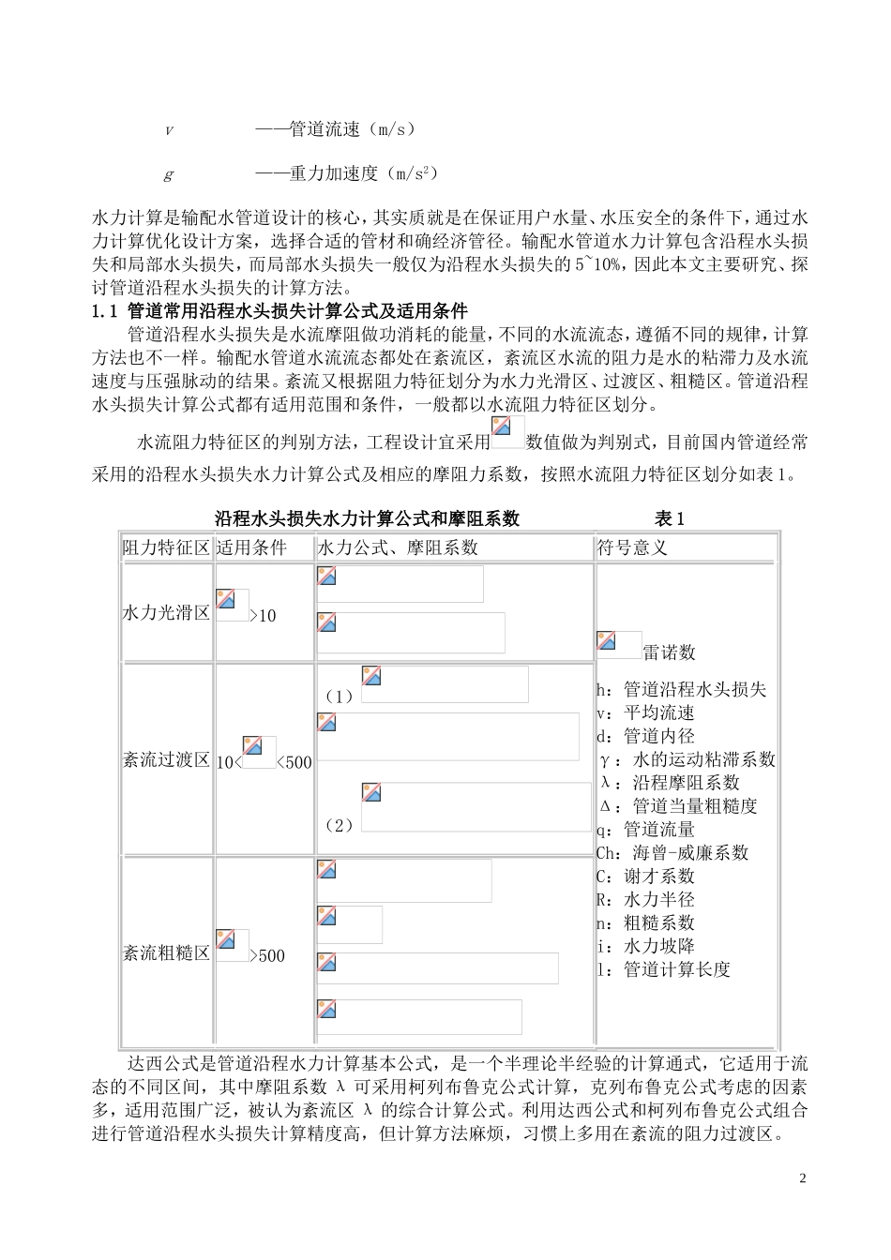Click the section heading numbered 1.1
coord(279,311)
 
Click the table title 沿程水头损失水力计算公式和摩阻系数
coord(367,519)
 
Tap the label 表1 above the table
coord(670,519)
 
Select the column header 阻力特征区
coord(166,547)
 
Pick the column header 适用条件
coord(250,547)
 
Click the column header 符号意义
coord(632,547)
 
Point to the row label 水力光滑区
coord(166,613)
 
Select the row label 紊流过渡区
coord(166,760)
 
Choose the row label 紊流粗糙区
coord(166,953)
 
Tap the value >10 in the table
coord(264,616)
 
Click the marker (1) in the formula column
coord(338,696)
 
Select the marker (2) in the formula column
coord(338,825)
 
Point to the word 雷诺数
coord(669,652)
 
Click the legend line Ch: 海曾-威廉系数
coord(672,853)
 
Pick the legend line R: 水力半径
coord(645,900)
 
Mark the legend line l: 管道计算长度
coord(663,970)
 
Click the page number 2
coord(802,1177)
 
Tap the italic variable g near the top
coord(169,174)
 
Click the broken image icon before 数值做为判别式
coord(507,432)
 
